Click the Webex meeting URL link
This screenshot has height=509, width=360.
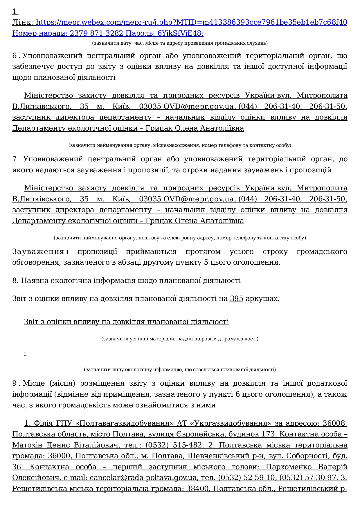coord(191,22)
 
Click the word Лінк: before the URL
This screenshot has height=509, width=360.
coord(23,22)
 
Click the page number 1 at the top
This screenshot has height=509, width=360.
coord(14,12)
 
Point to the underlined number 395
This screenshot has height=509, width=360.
coord(236,299)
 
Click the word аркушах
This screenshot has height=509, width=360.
coord(262,299)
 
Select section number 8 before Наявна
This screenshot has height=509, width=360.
coord(15,281)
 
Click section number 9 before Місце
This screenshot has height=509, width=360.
coord(15,383)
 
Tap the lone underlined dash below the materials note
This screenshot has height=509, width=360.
coord(26,353)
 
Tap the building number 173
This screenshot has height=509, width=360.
coord(266,434)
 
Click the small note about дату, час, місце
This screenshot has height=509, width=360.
coord(180,43)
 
